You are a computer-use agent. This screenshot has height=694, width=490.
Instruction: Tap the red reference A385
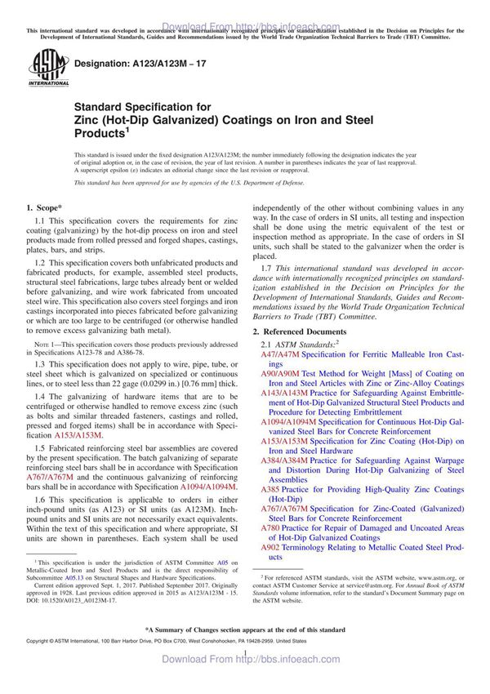click(x=270, y=489)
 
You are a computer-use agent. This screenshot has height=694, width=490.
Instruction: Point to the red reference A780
click(x=270, y=527)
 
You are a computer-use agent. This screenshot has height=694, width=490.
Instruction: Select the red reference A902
click(x=270, y=546)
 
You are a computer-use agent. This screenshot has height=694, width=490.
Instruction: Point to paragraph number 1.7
click(x=266, y=269)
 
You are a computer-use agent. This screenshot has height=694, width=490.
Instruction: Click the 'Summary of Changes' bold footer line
click(x=244, y=653)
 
